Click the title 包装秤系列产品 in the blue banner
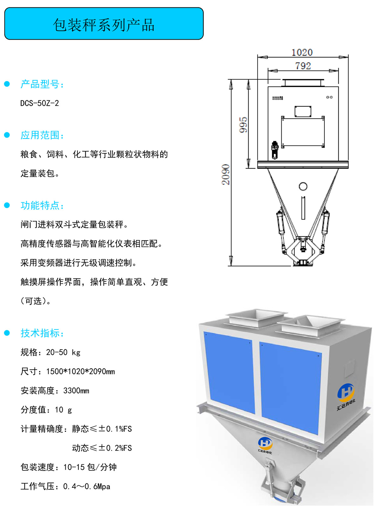click(x=104, y=25)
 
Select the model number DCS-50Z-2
click(x=40, y=103)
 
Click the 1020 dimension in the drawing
click(x=302, y=52)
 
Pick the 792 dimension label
click(x=303, y=66)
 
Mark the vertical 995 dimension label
click(x=243, y=125)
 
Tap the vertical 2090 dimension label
click(x=226, y=174)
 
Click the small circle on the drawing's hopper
click(x=303, y=187)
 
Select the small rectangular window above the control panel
click(x=303, y=111)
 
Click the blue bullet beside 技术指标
click(x=7, y=333)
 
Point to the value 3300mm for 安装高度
click(x=76, y=391)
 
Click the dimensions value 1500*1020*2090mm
click(x=81, y=372)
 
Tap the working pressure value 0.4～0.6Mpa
click(x=87, y=487)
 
